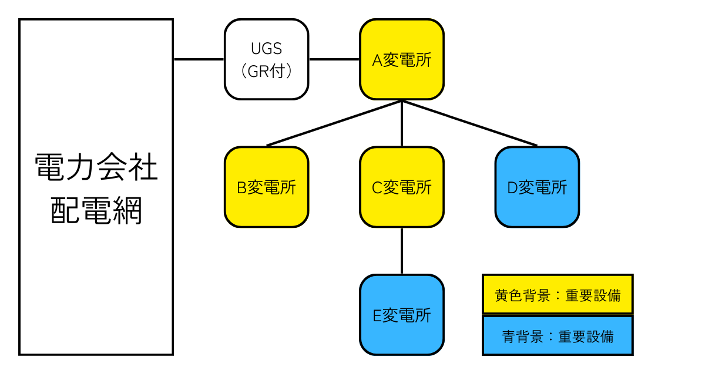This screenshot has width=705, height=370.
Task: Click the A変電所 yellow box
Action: coord(402,59)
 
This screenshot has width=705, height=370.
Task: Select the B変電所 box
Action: coord(266,187)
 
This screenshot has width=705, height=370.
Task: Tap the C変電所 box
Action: coord(402,187)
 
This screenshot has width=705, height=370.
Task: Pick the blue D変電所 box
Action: coord(537,187)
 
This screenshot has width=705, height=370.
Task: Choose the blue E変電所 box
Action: coord(402,315)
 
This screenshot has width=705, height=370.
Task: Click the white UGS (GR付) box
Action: coord(266,59)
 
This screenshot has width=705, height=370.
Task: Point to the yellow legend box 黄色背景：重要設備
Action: coord(557,294)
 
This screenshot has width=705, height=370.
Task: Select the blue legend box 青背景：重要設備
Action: coord(557,336)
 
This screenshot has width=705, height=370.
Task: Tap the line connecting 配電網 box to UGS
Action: coord(199,59)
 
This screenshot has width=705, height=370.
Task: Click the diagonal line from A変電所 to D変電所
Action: coord(470,123)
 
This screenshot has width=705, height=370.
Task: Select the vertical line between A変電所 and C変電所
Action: coord(402,123)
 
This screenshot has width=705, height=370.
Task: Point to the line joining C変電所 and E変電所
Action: coord(402,251)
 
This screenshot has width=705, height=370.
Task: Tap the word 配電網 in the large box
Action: coord(96,211)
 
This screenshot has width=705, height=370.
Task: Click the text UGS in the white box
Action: coord(266,49)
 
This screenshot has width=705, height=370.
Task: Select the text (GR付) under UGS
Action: coord(266,70)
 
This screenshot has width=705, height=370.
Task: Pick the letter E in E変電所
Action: coord(378,315)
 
